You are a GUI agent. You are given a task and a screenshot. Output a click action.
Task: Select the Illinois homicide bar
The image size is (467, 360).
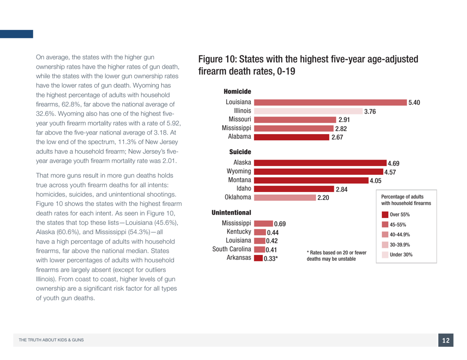(x=308, y=111)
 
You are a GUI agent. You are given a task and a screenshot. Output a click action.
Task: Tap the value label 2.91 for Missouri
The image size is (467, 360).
(x=344, y=120)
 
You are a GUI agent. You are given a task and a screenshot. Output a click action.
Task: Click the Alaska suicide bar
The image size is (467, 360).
(x=320, y=163)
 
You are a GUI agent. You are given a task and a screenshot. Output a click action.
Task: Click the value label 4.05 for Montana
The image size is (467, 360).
(x=376, y=181)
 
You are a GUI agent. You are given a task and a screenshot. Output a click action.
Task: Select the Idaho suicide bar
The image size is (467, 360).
(x=294, y=189)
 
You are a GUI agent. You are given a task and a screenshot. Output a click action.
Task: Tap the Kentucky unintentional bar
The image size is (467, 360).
(x=260, y=232)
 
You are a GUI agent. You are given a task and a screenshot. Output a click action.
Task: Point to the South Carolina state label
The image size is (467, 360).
(x=232, y=249)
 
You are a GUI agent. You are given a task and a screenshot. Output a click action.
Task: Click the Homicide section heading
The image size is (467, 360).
(x=237, y=92)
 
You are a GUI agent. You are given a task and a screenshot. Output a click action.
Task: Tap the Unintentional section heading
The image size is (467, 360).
(x=231, y=213)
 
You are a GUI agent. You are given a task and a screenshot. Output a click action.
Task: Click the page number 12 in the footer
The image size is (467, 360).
(x=445, y=340)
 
